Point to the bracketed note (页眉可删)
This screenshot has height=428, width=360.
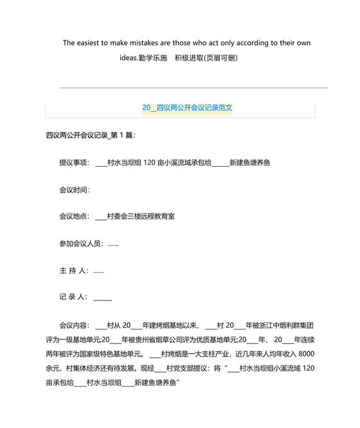[x=222, y=59]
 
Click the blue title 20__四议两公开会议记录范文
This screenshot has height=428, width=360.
[x=187, y=108]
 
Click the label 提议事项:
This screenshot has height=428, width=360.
[x=75, y=163]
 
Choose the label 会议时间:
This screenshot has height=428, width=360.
[x=75, y=190]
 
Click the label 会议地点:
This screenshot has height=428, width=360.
[x=75, y=217]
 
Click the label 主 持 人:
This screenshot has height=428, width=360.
[x=73, y=271]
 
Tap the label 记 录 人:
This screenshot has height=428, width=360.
[x=73, y=297]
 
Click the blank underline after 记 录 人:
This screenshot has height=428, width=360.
[x=103, y=299]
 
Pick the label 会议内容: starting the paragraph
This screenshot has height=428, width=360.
[x=75, y=325]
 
